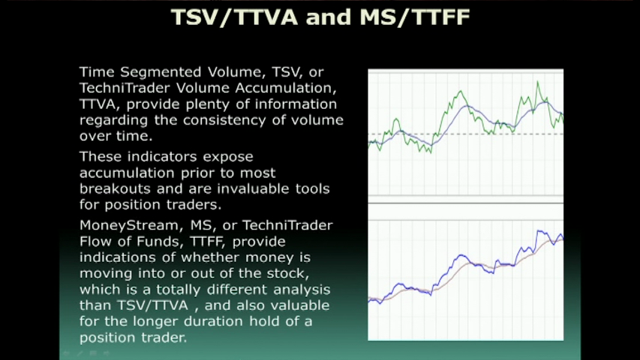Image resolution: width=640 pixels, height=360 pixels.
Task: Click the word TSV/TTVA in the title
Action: [234, 17]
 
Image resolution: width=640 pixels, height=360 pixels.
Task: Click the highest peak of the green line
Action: [537, 82]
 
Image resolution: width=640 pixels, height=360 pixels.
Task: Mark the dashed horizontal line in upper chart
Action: [466, 134]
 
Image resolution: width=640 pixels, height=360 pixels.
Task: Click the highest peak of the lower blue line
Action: [539, 232]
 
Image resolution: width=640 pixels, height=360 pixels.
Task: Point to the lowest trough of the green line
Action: [431, 152]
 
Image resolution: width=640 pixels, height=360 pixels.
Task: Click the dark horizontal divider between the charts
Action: [466, 202]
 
